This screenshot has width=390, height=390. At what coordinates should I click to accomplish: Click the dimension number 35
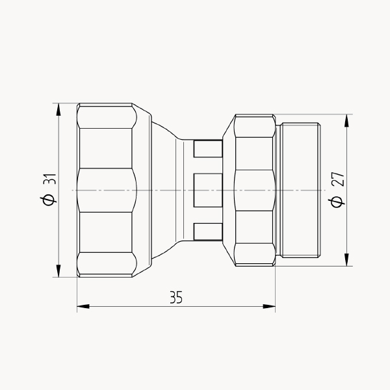pyautogui.click(x=176, y=297)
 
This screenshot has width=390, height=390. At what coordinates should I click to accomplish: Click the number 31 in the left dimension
pyautogui.click(x=50, y=179)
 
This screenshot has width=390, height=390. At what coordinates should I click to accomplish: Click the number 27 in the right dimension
pyautogui.click(x=339, y=179)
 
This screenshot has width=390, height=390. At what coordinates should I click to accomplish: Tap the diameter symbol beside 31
pyautogui.click(x=48, y=200)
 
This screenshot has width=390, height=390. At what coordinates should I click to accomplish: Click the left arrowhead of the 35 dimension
pyautogui.click(x=83, y=306)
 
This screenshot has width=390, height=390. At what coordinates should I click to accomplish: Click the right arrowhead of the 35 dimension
pyautogui.click(x=269, y=306)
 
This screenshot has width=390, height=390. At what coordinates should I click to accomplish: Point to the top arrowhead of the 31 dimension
pyautogui.click(x=58, y=109)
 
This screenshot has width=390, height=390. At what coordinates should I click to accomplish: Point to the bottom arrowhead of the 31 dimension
pyautogui.click(x=58, y=271)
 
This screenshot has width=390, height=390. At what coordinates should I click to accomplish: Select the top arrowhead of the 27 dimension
pyautogui.click(x=346, y=121)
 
